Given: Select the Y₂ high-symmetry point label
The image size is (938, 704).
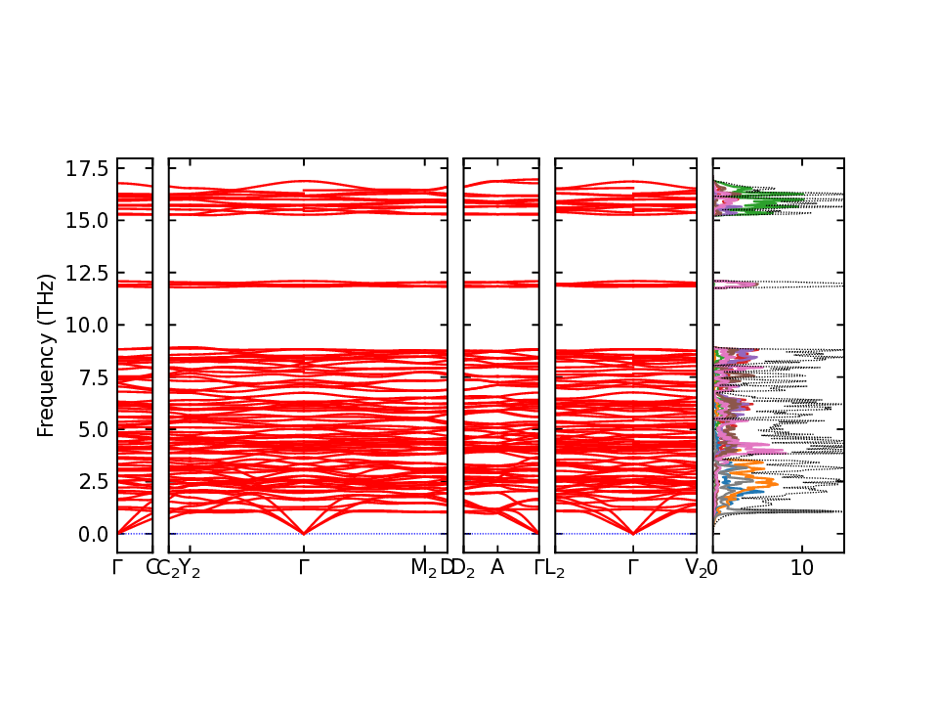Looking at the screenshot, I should (190, 568).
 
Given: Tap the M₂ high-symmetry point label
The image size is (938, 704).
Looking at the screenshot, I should (423, 568).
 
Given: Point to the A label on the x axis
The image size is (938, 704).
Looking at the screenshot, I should (497, 567).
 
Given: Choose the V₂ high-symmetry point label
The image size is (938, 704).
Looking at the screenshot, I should (696, 568).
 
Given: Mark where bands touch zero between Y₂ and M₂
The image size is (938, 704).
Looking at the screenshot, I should (305, 533).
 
